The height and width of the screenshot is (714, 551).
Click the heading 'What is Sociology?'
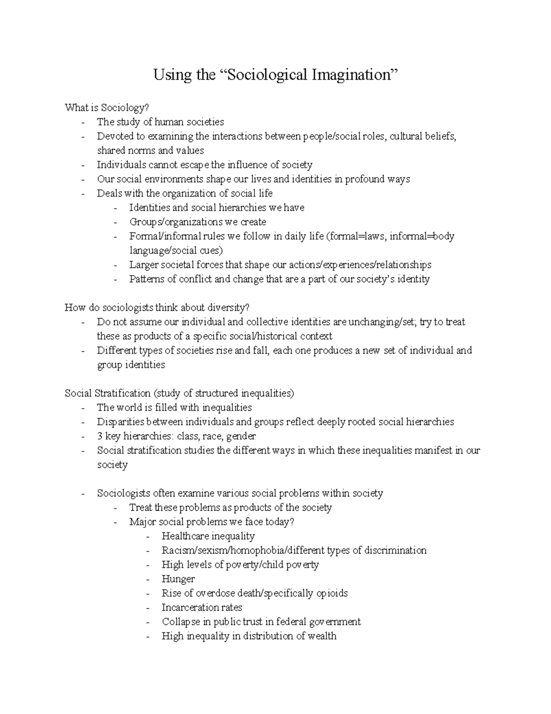click(x=107, y=108)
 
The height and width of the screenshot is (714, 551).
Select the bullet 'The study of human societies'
click(x=160, y=122)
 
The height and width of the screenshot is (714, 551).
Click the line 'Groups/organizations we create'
click(x=197, y=222)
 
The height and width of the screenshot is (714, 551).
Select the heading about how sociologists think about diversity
click(x=157, y=308)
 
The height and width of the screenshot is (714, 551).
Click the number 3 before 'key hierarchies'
click(x=100, y=436)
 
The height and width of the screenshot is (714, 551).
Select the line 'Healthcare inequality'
click(x=208, y=536)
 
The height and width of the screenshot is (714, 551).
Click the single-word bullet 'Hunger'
click(x=178, y=579)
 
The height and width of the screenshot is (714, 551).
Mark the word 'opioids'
click(x=332, y=593)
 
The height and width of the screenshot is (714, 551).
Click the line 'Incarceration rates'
click(x=202, y=607)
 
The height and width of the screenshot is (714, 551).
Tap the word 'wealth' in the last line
click(x=322, y=636)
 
